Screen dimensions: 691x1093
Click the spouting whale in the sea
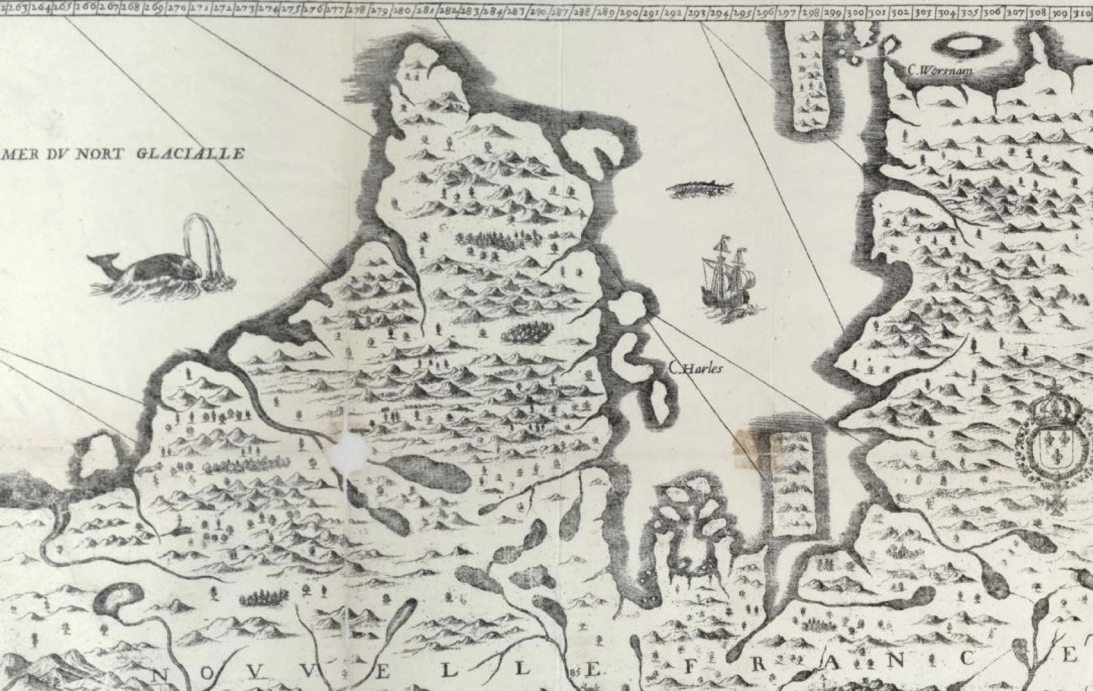pyautogui.click(x=152, y=271)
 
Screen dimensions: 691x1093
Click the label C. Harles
pyautogui.click(x=696, y=369)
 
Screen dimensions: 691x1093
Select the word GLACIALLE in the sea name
pyautogui.click(x=190, y=154)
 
